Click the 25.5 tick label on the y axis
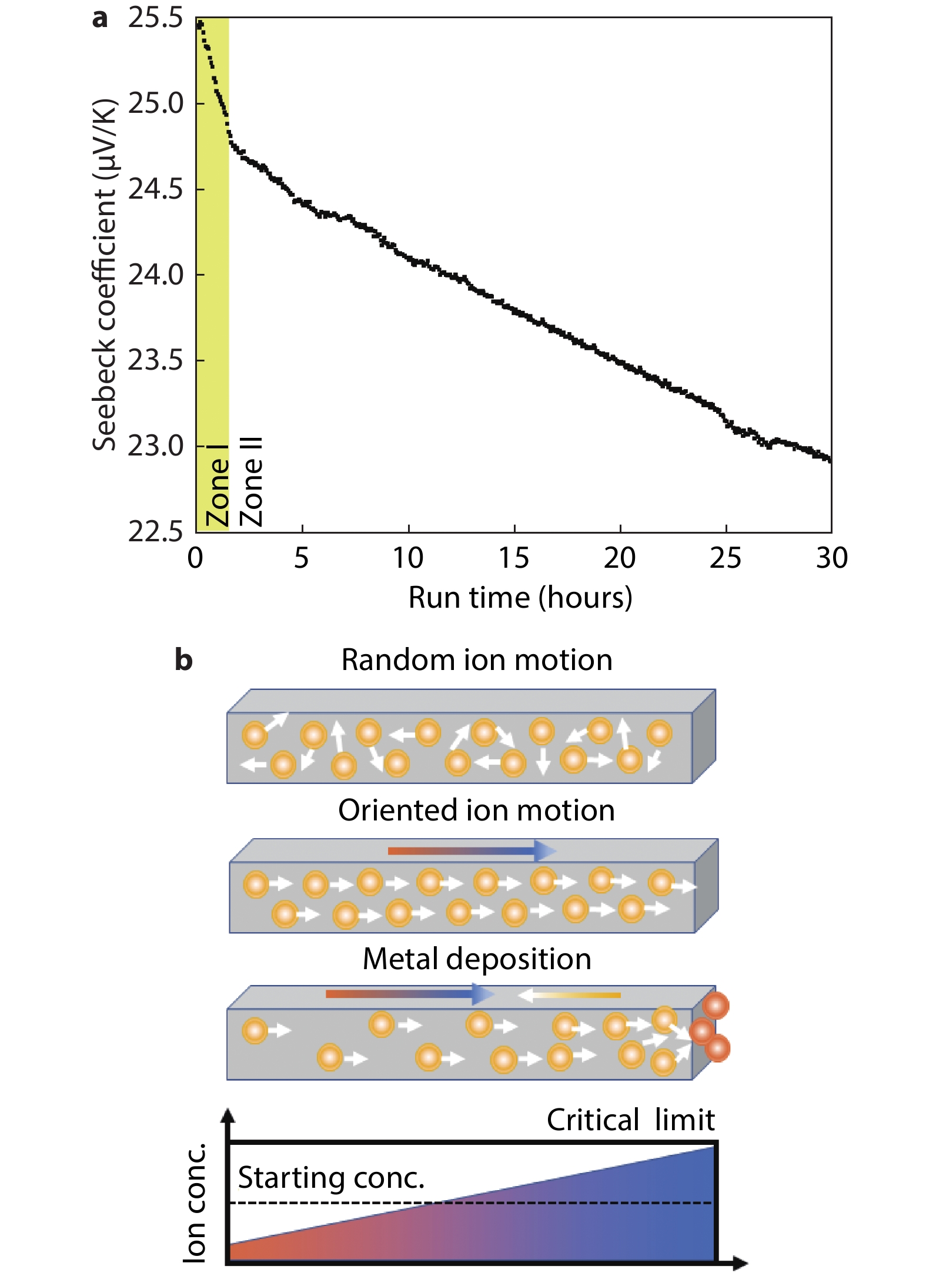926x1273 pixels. click(x=156, y=18)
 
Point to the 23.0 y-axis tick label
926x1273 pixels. click(x=156, y=446)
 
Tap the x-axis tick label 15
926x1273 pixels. click(x=514, y=558)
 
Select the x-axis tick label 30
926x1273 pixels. click(x=831, y=558)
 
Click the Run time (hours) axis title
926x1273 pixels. click(x=520, y=598)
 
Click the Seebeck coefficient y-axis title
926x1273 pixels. click(x=105, y=275)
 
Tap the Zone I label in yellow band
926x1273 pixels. click(x=216, y=485)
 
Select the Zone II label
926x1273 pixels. click(x=251, y=482)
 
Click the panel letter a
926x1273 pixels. click(x=100, y=19)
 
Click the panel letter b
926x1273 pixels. click(x=183, y=661)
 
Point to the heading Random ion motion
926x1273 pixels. click(x=476, y=660)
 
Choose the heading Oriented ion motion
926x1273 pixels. click(x=476, y=810)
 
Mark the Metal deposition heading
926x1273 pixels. click(x=476, y=959)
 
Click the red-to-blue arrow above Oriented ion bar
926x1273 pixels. click(x=470, y=850)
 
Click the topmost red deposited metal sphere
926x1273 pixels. click(x=716, y=1006)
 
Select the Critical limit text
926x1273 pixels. click(x=630, y=1120)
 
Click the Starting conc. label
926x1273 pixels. click(x=331, y=1178)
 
